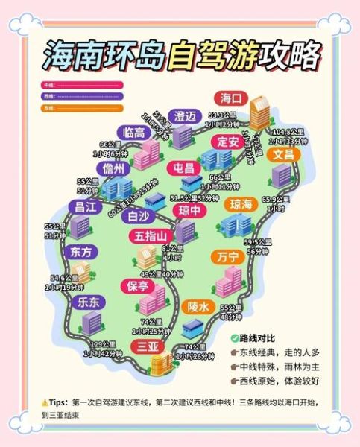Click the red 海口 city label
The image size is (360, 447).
pos(230,98)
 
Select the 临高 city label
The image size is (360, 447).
pos(134,133)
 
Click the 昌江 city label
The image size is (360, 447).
pos(82,206)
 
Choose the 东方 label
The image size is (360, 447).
pos(82,252)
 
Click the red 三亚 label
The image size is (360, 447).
pos(148,346)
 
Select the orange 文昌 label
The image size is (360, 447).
pos(282,154)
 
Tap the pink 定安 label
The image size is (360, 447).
pos(228,141)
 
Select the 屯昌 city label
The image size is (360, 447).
pos(183,168)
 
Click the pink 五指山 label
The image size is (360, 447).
pos(153,237)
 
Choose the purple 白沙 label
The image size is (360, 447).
pos(139,216)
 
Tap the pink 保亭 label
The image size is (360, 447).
pos(139,285)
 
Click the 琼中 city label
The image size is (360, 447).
pos(190,211)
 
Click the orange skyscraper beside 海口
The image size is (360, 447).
pos(261,113)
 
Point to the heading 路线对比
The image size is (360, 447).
pos(262,338)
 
